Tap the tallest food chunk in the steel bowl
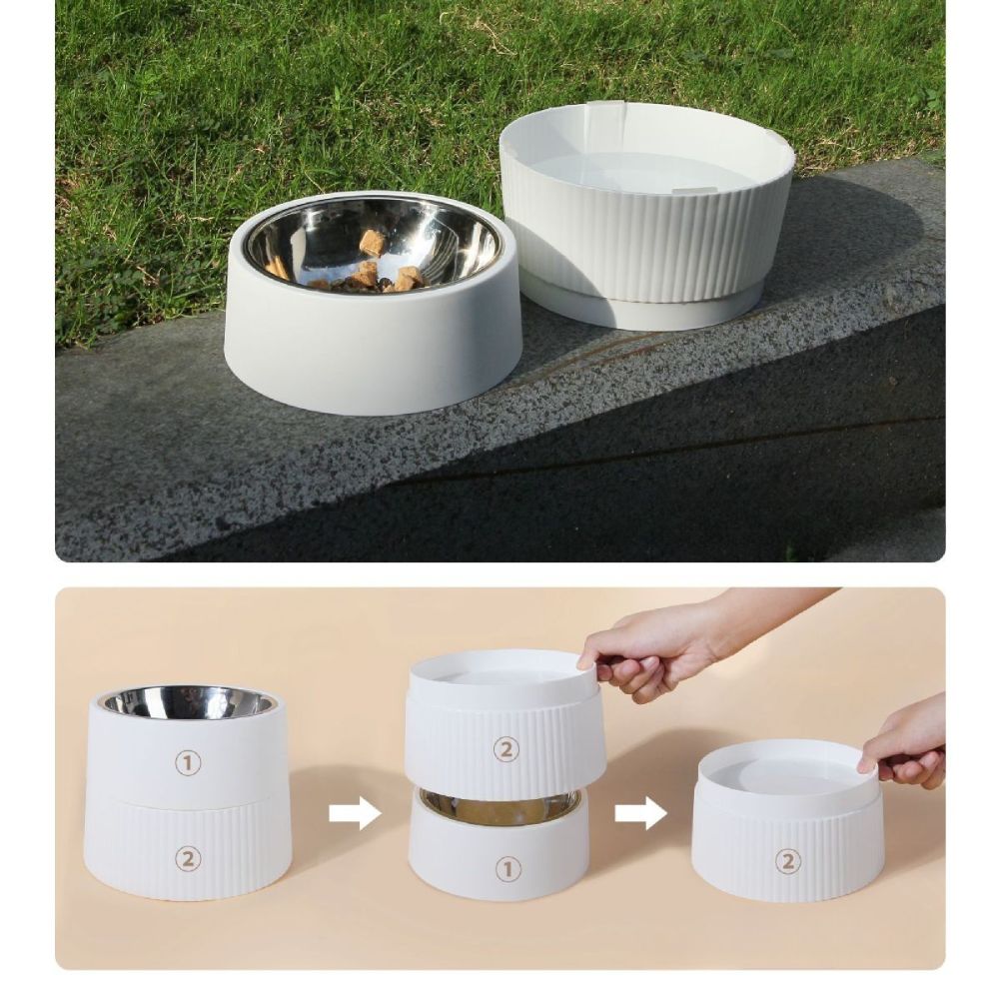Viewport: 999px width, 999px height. coord(373,242)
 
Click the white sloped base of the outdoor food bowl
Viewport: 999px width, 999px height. coord(372,350)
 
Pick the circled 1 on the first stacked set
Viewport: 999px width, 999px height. coord(188,762)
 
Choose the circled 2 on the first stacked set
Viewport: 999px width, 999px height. coord(188,858)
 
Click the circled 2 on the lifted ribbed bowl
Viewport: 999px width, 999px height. coord(506,749)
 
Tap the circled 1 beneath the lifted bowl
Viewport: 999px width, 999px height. coord(508,869)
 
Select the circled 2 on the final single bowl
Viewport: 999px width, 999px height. coord(788,861)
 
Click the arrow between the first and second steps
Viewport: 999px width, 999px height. coord(355,813)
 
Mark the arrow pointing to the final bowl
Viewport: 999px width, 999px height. coord(640,813)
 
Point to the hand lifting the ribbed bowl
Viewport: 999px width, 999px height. coord(659,649)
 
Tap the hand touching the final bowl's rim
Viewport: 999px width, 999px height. coord(904,744)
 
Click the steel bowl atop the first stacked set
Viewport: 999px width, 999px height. coord(188,702)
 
